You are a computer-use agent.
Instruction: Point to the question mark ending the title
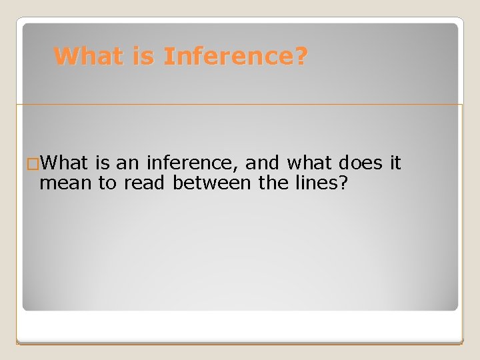coord(301,57)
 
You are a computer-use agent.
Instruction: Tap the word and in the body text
coord(261,163)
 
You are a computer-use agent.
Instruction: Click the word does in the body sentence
coord(360,163)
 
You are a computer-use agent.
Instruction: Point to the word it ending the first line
coord(395,163)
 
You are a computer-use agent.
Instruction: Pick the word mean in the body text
coord(65,183)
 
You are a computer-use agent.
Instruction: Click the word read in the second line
coord(143,183)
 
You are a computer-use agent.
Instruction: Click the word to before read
coord(107,183)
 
